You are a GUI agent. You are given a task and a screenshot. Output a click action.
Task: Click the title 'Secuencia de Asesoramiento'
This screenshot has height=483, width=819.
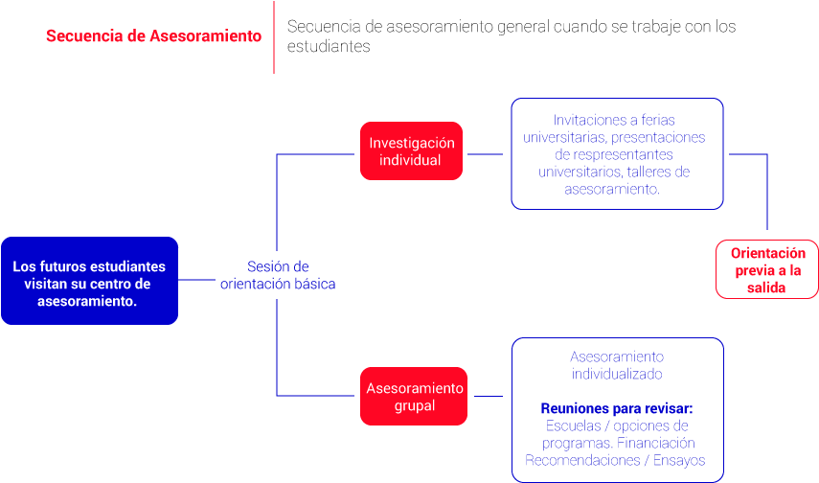(153, 36)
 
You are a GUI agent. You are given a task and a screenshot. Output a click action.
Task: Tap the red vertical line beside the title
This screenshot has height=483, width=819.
(274, 36)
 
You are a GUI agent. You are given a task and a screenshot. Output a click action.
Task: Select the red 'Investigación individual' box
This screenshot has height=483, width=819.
(411, 150)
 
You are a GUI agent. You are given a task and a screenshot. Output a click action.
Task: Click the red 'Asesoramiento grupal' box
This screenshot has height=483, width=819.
(414, 396)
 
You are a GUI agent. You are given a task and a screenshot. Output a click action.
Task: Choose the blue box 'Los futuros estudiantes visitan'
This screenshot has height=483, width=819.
(89, 281)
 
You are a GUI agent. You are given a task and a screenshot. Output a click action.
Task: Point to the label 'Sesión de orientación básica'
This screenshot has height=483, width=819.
(278, 275)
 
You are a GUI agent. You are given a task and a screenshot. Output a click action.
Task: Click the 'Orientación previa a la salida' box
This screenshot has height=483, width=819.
(767, 269)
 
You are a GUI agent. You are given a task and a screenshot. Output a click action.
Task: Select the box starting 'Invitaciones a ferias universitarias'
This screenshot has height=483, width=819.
(617, 153)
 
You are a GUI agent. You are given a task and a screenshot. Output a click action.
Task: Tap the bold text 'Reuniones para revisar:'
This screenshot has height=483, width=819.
(616, 408)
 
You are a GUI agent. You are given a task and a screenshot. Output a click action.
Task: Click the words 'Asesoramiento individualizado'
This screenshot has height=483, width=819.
(617, 365)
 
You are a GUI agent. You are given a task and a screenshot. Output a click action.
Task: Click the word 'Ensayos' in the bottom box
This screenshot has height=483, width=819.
(678, 461)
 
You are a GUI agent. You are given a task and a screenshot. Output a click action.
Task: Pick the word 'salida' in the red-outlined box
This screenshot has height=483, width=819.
(767, 287)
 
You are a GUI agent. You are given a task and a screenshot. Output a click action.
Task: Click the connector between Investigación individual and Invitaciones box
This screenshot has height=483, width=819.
(485, 153)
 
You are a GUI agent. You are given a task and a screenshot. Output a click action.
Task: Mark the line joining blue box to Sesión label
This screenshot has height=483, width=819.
(197, 281)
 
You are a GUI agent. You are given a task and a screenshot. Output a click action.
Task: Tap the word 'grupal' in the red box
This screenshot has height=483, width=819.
(414, 405)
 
